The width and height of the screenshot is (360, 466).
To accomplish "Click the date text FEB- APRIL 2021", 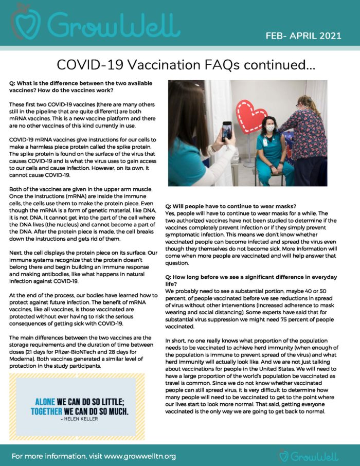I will (x=303, y=35).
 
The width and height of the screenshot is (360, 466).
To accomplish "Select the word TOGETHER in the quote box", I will (x=52, y=412).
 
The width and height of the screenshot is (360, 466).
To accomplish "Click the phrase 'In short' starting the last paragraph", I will (x=176, y=340).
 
